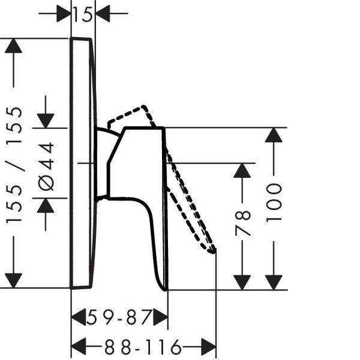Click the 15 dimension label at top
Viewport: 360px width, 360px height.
(x=83, y=14)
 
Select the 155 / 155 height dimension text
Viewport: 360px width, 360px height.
(x=14, y=165)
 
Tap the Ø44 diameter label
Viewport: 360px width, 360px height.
(x=46, y=167)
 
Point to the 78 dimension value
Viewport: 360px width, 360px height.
(x=242, y=223)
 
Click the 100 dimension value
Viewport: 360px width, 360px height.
(x=274, y=203)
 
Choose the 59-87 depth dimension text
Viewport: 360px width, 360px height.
(x=119, y=317)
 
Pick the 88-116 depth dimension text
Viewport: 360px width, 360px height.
(x=143, y=347)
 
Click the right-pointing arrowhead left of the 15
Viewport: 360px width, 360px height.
(x=64, y=14)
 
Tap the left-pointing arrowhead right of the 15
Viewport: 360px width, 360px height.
(x=103, y=14)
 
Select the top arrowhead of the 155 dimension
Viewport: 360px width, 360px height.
(x=14, y=46)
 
